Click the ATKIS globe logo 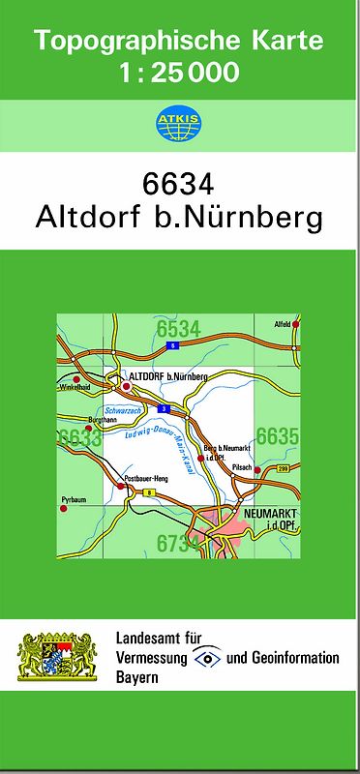(x=179, y=123)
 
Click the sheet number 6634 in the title (x=179, y=183)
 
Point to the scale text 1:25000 (x=179, y=73)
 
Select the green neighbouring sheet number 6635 (x=277, y=436)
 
